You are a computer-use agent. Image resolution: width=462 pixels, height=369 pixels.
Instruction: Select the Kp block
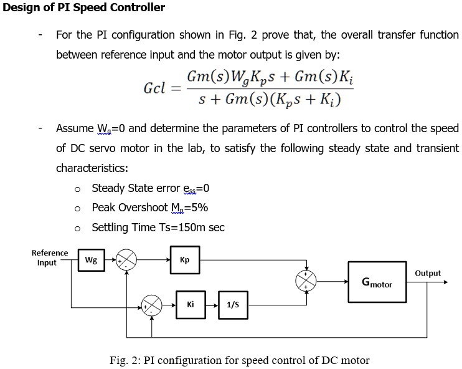pyautogui.click(x=184, y=260)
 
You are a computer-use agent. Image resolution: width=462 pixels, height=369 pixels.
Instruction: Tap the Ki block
pyautogui.click(x=191, y=305)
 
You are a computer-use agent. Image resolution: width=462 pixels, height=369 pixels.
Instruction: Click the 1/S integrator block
pyautogui.click(x=233, y=305)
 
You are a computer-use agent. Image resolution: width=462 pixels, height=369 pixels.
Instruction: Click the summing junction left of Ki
pyautogui.click(x=152, y=305)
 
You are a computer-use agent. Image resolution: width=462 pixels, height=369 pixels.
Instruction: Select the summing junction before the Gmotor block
pyautogui.click(x=306, y=282)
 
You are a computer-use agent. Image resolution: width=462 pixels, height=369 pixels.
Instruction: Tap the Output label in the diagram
pyautogui.click(x=427, y=273)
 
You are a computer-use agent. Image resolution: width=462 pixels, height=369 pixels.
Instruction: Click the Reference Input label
pyautogui.click(x=50, y=257)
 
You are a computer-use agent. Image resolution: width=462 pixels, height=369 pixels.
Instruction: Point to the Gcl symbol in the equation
pyautogui.click(x=154, y=87)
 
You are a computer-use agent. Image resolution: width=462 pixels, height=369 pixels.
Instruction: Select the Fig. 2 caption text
pyautogui.click(x=239, y=360)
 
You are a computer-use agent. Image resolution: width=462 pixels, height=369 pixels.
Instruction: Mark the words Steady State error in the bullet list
pyautogui.click(x=136, y=188)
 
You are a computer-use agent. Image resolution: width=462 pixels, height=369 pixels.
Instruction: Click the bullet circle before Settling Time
pyautogui.click(x=77, y=228)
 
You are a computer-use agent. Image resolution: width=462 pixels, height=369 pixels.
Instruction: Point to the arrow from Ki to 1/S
pyautogui.click(x=212, y=305)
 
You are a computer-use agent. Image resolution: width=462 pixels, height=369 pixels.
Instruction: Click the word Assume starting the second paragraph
pyautogui.click(x=74, y=128)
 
